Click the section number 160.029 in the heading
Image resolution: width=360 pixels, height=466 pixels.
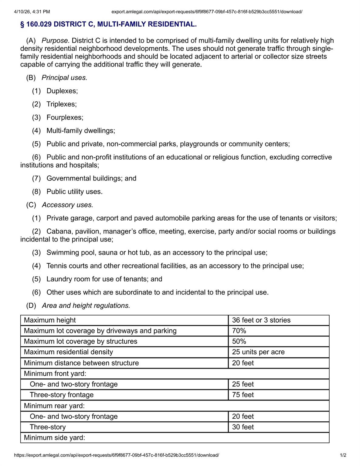[39, 24]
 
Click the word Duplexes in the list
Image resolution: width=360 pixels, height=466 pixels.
[62, 91]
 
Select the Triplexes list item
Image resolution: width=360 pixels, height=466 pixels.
[61, 104]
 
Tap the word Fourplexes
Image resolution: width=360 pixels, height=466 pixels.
[65, 117]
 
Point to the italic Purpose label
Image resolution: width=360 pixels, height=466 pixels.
[56, 41]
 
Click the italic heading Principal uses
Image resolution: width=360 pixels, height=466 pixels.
[64, 78]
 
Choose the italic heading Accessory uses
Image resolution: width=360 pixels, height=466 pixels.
[67, 205]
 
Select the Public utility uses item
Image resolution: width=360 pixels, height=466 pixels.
[74, 191]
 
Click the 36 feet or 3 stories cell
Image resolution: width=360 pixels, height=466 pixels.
[261, 320]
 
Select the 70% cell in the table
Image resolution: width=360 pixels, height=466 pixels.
[239, 331]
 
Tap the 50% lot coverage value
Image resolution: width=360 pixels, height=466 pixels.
[239, 341]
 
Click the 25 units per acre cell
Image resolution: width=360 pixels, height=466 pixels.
[258, 352]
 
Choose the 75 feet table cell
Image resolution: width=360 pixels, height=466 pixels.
[243, 395]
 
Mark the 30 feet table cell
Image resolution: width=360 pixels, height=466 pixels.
[243, 427]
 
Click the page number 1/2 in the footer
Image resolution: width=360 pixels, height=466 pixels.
[343, 455]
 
